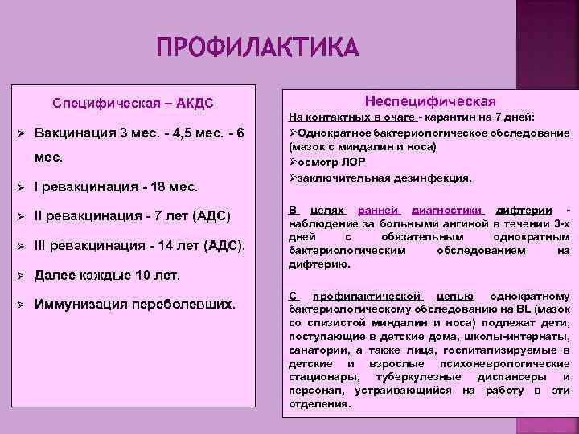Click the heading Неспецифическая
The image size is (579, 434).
click(x=430, y=100)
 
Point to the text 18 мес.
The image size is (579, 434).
click(x=170, y=188)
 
